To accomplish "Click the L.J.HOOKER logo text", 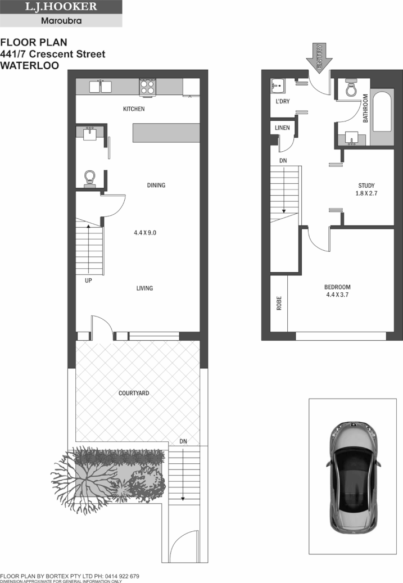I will [61, 7].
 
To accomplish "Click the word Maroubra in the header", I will [61, 21].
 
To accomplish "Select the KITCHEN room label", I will [134, 109].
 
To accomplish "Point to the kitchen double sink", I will [101, 87].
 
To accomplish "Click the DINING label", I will [156, 185].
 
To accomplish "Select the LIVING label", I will [145, 288].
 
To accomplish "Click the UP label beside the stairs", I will [88, 279].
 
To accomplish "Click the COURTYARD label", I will [134, 394].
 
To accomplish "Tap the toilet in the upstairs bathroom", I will [352, 88].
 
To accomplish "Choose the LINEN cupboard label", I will [282, 128].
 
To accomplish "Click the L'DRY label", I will [282, 101].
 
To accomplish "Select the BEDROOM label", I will [338, 287].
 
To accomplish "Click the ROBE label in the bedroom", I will [279, 303].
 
